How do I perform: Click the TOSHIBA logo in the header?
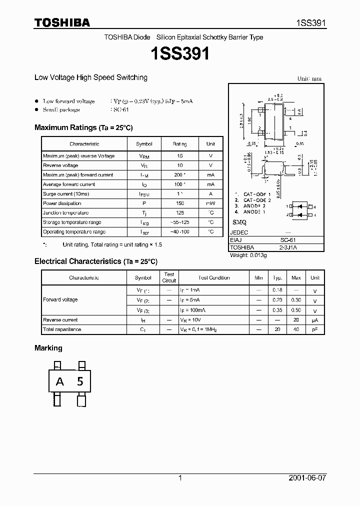tap(62, 22)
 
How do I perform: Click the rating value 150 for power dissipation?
tap(180, 203)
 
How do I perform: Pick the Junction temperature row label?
tap(65, 213)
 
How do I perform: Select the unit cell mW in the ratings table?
tap(210, 203)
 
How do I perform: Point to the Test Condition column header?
tap(214, 277)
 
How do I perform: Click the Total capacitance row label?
tap(62, 329)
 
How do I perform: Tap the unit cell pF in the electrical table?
tap(315, 329)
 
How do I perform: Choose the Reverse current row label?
tap(60, 320)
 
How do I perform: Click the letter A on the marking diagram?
tap(60, 382)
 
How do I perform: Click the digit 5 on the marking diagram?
tap(80, 382)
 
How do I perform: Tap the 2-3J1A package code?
tap(287, 247)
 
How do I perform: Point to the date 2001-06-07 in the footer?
tap(307, 478)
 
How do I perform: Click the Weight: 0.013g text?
tap(248, 255)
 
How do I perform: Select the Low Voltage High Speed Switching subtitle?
tap(91, 77)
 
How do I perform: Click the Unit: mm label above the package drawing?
tap(309, 78)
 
